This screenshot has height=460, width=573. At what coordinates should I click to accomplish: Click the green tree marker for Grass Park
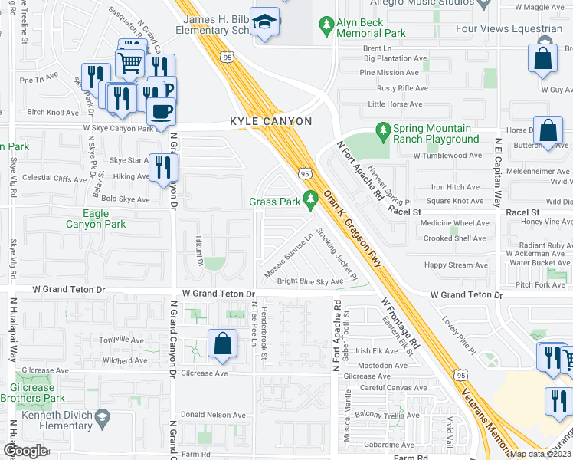tap(310, 201)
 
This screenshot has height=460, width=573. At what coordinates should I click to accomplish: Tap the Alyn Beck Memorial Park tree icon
tap(327, 26)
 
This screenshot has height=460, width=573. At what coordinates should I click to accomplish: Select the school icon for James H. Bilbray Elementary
tap(266, 23)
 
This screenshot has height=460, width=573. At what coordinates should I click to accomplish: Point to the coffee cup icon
tap(161, 112)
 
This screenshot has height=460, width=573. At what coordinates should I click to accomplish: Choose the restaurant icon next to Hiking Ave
tap(162, 167)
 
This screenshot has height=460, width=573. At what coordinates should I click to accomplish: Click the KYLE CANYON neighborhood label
tap(271, 122)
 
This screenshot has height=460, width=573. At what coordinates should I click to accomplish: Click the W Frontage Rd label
tap(398, 326)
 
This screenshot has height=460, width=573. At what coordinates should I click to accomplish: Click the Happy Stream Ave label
tap(455, 265)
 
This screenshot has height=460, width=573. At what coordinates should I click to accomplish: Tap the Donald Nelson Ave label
tap(214, 415)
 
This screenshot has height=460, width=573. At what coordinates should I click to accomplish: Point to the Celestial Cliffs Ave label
tap(54, 179)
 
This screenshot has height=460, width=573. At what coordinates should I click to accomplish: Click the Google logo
tap(25, 451)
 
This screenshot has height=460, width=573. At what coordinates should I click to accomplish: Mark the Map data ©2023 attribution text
tap(541, 454)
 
